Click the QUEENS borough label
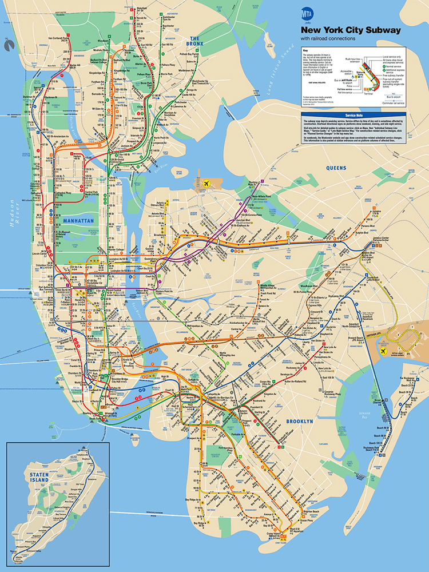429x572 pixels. [x=336, y=168]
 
